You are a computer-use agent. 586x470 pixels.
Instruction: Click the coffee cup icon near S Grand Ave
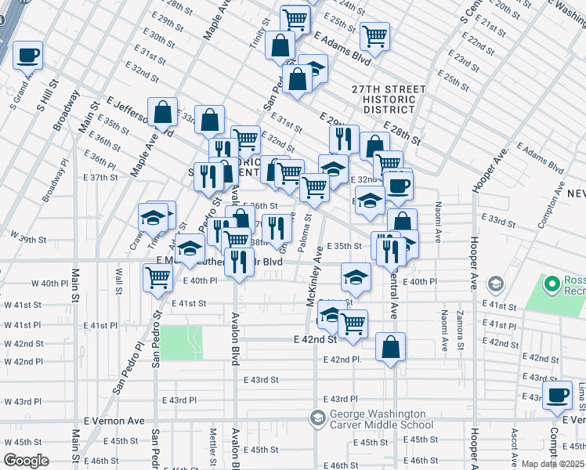[x=27, y=56]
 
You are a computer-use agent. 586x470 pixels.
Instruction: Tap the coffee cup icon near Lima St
[x=558, y=396]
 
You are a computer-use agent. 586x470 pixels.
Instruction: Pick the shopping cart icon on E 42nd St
[x=353, y=324]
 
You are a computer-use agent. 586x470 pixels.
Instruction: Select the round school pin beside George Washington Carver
[x=317, y=418]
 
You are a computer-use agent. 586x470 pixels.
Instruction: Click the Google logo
[x=27, y=461]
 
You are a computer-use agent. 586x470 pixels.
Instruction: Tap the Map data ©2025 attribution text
[x=552, y=464]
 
